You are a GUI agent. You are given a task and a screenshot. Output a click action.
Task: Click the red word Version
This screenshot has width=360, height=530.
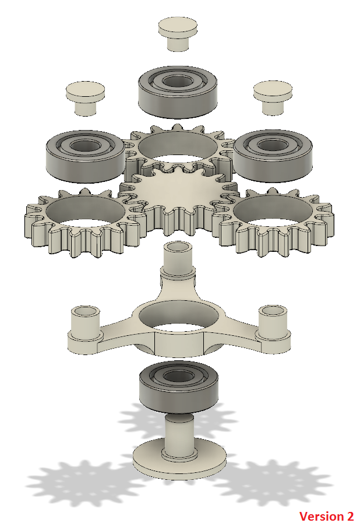[314, 516]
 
